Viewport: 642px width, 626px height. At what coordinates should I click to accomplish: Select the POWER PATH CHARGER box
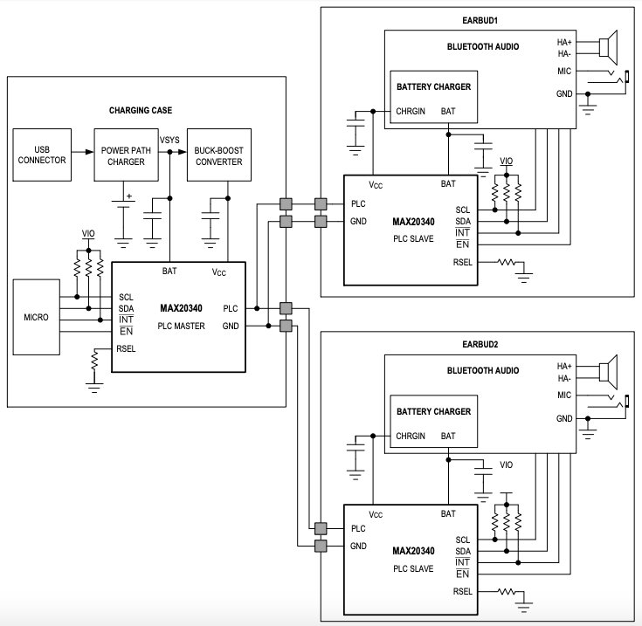tap(124, 154)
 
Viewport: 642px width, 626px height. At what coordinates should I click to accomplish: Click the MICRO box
tap(37, 315)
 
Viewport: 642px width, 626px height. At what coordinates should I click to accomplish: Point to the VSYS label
tap(170, 139)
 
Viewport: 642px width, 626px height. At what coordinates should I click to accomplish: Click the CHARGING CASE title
tap(141, 111)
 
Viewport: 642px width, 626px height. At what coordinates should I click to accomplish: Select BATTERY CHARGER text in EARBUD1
tap(433, 87)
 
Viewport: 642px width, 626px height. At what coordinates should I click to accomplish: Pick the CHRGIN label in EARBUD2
tap(411, 436)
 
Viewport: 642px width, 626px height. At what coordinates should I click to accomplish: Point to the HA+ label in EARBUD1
tap(564, 41)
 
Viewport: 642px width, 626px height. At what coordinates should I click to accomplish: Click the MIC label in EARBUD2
tap(564, 395)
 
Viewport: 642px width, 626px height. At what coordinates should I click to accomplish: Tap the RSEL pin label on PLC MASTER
tap(126, 349)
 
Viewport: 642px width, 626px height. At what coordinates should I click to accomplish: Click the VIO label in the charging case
tap(88, 234)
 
